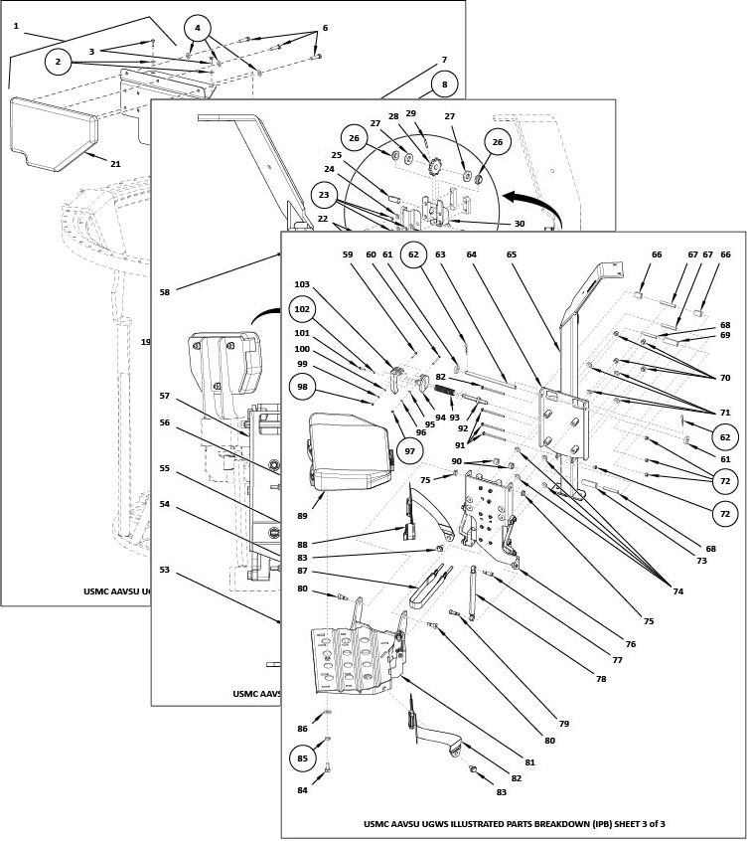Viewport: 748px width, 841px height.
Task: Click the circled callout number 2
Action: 59,62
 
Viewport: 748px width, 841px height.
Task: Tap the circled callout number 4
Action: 198,28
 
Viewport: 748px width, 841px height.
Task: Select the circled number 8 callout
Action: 444,84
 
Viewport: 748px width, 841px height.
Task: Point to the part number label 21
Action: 115,164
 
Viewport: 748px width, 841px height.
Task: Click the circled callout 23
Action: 325,195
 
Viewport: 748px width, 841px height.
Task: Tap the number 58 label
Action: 164,292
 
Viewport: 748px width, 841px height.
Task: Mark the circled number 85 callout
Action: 303,758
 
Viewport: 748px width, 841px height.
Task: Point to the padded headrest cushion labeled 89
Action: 348,451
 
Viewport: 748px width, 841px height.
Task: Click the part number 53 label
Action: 164,570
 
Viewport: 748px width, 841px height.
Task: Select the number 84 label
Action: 302,790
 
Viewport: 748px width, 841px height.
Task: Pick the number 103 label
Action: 302,284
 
